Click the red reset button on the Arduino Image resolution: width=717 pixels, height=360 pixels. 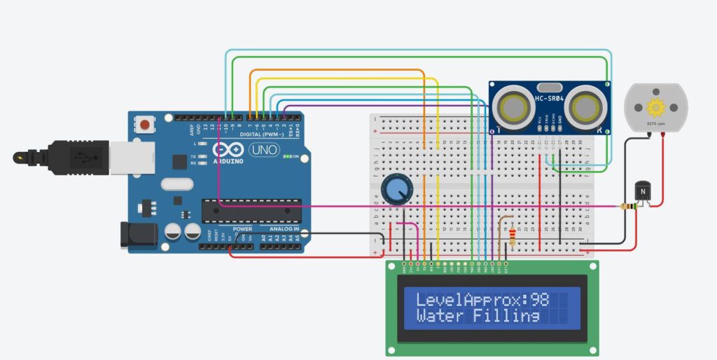tap(144, 125)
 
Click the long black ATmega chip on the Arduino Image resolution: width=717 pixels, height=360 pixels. tap(252, 210)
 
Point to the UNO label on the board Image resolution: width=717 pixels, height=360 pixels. tap(267, 150)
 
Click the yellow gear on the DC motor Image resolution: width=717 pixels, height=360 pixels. tap(656, 107)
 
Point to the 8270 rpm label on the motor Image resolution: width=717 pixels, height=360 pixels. tap(656, 124)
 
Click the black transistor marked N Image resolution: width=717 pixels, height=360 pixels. tap(642, 191)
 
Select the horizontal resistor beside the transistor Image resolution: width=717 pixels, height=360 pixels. tap(629, 207)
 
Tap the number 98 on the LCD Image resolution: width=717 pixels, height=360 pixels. tap(539, 300)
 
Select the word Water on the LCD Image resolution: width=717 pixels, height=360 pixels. tap(440, 316)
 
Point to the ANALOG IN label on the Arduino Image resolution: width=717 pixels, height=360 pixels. tap(284, 229)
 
